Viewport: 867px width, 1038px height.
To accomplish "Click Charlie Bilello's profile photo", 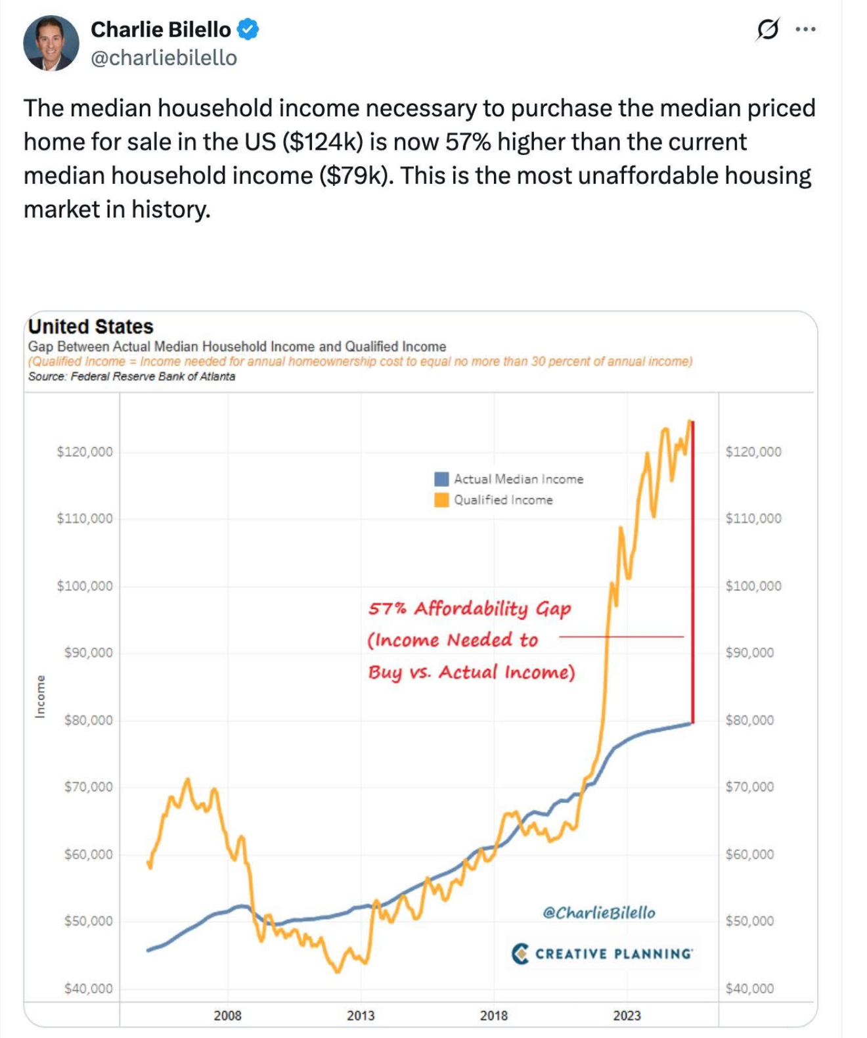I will coord(51,43).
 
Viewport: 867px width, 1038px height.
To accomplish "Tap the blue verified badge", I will coord(248,30).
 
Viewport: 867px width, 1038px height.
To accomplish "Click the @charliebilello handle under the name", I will coord(164,58).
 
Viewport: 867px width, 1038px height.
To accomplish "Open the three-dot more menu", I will coord(806,30).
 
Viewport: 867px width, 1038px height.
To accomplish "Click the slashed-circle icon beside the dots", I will coord(767,30).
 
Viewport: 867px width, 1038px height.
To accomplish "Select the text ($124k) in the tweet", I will coord(322,142).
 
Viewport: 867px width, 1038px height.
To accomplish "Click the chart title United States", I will coord(91,327).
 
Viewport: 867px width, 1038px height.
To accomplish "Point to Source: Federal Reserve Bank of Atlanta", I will coord(131,376).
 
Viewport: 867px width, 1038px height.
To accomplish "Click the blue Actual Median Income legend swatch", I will coord(441,479).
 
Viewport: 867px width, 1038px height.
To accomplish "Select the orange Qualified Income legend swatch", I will coord(441,500).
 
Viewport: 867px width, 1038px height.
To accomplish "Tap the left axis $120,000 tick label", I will coord(85,452).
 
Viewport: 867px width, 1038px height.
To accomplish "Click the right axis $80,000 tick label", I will coord(749,720).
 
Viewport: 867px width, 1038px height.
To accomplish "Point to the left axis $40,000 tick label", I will coord(88,988).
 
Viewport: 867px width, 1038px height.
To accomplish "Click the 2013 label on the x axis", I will coord(361,1016).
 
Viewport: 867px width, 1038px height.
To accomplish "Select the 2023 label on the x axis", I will coord(627,1016).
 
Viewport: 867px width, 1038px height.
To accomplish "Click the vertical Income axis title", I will coord(41,696).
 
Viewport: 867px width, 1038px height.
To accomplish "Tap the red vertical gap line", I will coord(693,572).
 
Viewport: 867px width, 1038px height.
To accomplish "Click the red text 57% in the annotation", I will coord(387,608).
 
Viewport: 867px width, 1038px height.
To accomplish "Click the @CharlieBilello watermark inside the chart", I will coord(599,913).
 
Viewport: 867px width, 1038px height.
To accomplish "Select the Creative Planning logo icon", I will coord(520,953).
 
